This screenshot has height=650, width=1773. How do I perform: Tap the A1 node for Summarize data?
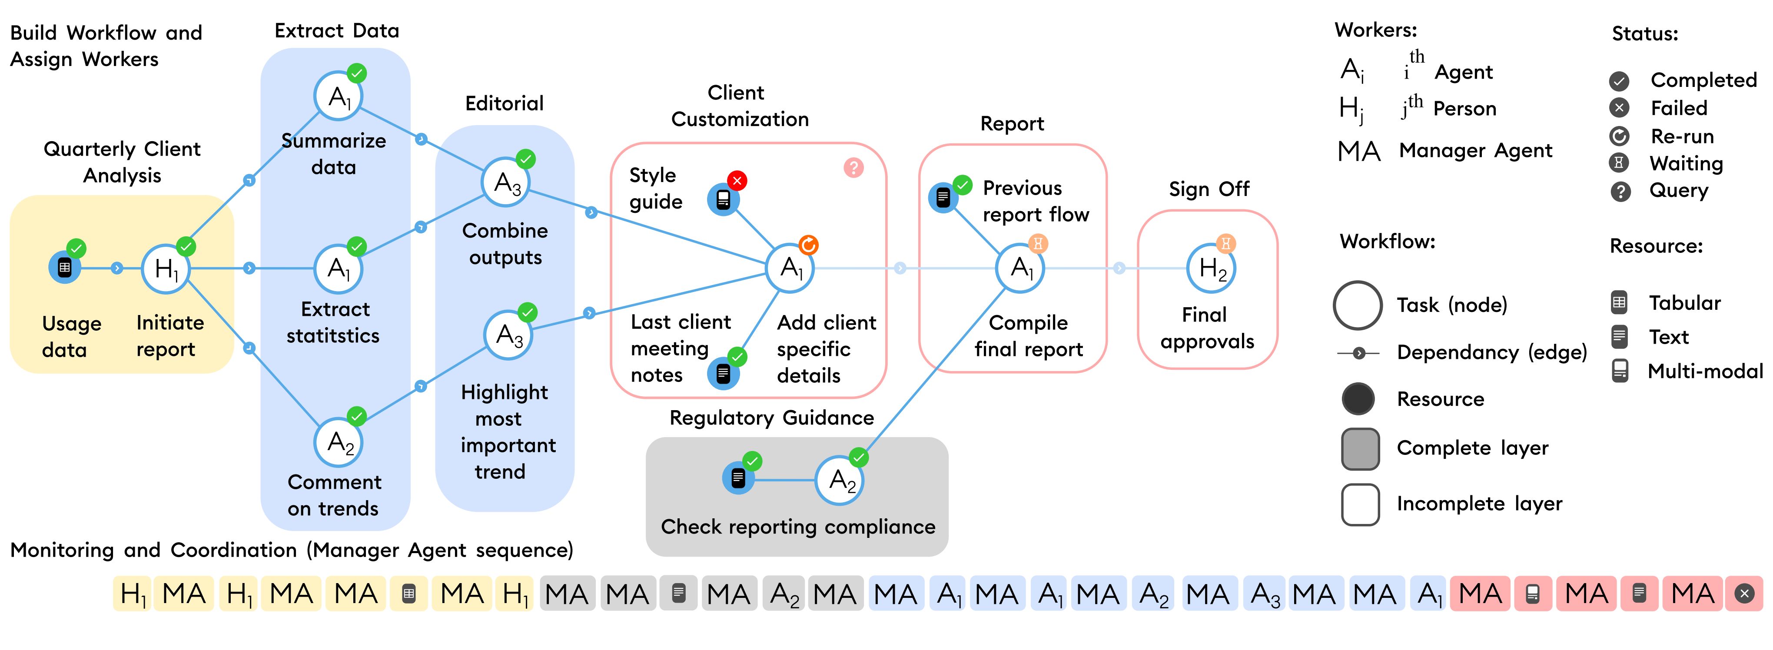[338, 96]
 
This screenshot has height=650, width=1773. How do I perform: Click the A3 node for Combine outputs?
[506, 182]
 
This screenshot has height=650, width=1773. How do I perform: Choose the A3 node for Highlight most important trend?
[508, 335]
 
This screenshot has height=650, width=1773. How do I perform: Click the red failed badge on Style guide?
[737, 181]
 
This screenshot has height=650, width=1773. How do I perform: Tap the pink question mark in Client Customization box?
[853, 168]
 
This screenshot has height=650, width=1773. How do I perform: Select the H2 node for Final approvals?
[1212, 268]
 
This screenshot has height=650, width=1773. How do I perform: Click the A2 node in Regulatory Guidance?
[840, 480]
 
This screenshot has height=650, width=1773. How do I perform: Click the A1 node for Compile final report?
[1020, 268]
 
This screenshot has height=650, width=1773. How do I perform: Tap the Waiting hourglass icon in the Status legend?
[1620, 163]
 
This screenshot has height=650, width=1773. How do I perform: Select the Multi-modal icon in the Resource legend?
[1620, 371]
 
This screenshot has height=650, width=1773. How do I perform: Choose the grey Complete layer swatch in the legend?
[1360, 448]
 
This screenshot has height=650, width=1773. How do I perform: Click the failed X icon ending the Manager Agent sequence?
[1744, 593]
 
